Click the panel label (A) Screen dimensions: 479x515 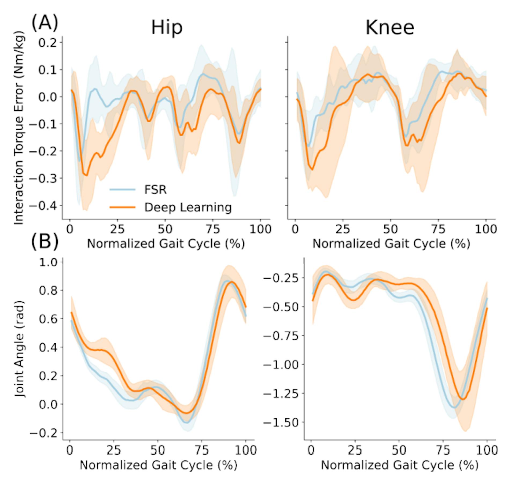point(45,23)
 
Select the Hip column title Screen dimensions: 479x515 point(167,28)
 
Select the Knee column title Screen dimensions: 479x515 point(390,28)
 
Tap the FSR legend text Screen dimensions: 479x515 point(155,190)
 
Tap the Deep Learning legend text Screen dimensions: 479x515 point(188,207)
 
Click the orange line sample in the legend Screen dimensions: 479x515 point(122,207)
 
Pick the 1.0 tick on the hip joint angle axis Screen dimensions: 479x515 point(48,262)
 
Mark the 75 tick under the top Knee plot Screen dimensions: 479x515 point(438,229)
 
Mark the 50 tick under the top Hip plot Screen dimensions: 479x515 point(165,229)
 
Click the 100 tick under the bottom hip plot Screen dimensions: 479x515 point(245,450)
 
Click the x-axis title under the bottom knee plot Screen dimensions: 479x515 point(400,465)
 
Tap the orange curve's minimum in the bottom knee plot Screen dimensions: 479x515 point(463,399)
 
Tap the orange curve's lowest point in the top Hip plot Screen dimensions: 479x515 point(86,175)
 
